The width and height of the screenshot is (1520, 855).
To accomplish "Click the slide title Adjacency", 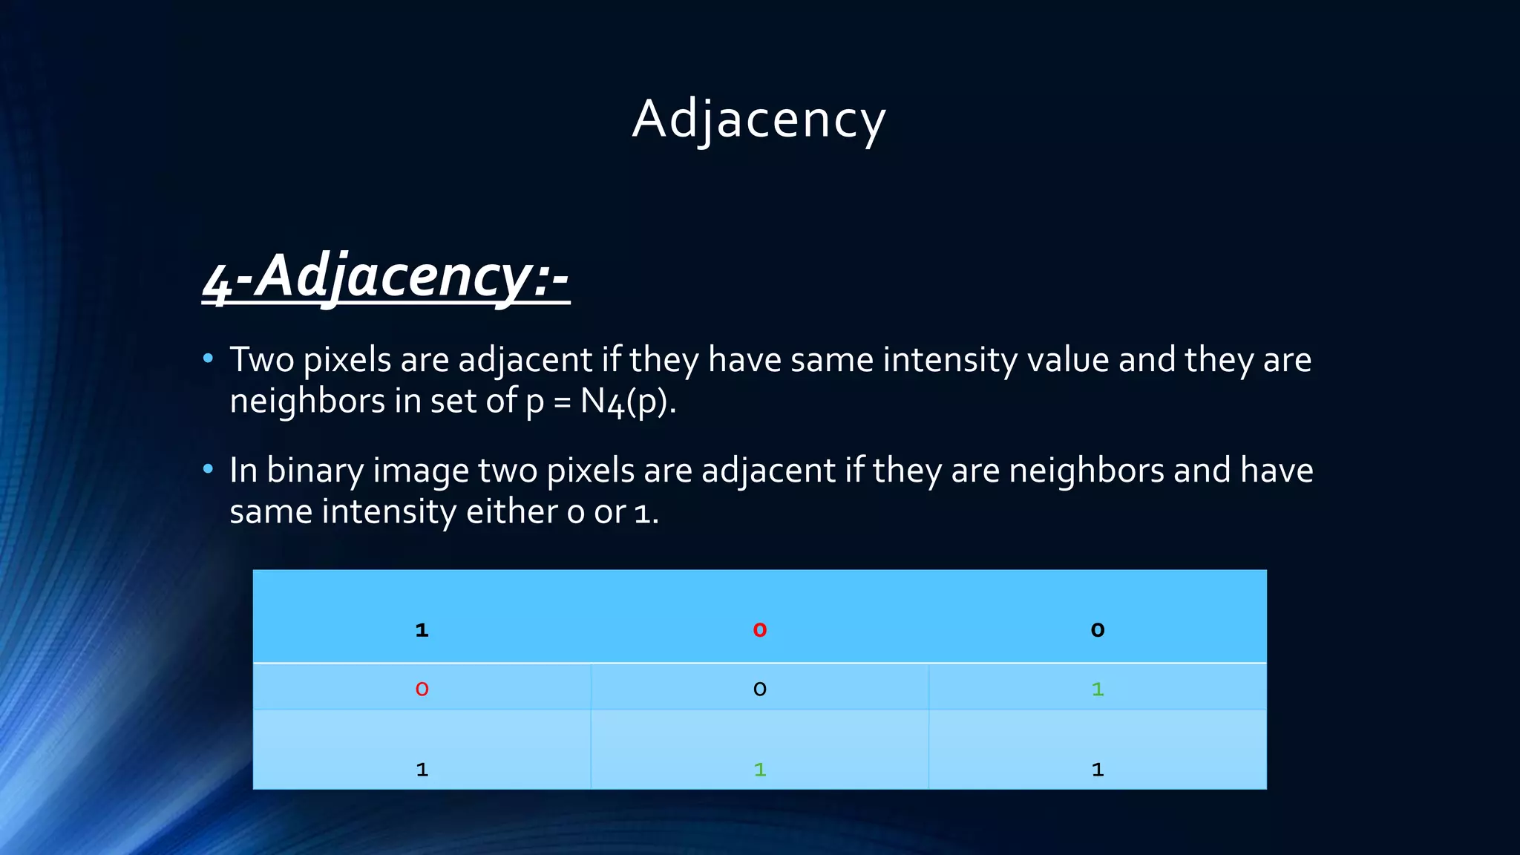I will coord(759,119).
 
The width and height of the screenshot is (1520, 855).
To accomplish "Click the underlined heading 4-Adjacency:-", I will coord(386,276).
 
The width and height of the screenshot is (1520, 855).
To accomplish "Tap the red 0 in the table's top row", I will coord(759,630).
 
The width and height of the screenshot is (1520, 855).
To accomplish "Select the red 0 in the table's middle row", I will coord(422,689).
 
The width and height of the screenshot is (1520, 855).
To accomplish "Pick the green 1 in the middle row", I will coord(1098,689).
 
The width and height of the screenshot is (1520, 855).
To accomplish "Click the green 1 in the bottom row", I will coord(759,770).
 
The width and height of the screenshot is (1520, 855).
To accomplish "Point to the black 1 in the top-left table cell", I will coord(422,630).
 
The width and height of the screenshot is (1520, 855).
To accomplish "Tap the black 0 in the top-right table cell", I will coord(1098,630).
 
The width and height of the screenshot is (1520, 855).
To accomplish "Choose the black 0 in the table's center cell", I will coord(759,689).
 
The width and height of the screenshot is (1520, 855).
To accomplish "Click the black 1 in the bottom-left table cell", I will coord(422,770).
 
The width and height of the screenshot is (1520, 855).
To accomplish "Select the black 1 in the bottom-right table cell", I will coord(1098,770).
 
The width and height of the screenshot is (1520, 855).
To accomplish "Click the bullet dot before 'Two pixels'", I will coord(208,359).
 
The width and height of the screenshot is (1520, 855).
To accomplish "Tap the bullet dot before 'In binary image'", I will coord(208,469).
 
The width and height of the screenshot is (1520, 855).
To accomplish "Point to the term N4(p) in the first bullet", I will coord(627,402).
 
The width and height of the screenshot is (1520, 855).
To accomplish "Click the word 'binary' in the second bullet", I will coord(315,471).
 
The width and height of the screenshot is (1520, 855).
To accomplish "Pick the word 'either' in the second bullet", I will coord(512,511).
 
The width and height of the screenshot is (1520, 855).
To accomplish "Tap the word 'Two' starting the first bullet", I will coord(262,360).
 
